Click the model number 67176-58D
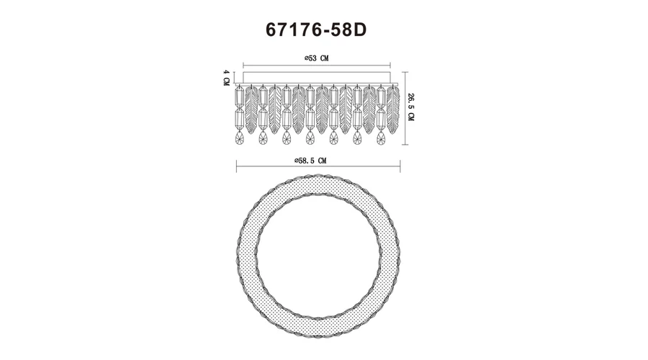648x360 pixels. [316, 30]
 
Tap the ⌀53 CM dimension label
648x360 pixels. [317, 58]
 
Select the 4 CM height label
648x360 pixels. [226, 78]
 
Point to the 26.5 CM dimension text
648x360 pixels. [410, 107]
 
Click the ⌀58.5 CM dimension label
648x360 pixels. [310, 161]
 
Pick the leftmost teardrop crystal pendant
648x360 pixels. [239, 138]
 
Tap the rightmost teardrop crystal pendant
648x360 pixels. [381, 138]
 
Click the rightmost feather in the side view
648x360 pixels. [393, 105]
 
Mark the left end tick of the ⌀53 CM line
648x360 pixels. [243, 65]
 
